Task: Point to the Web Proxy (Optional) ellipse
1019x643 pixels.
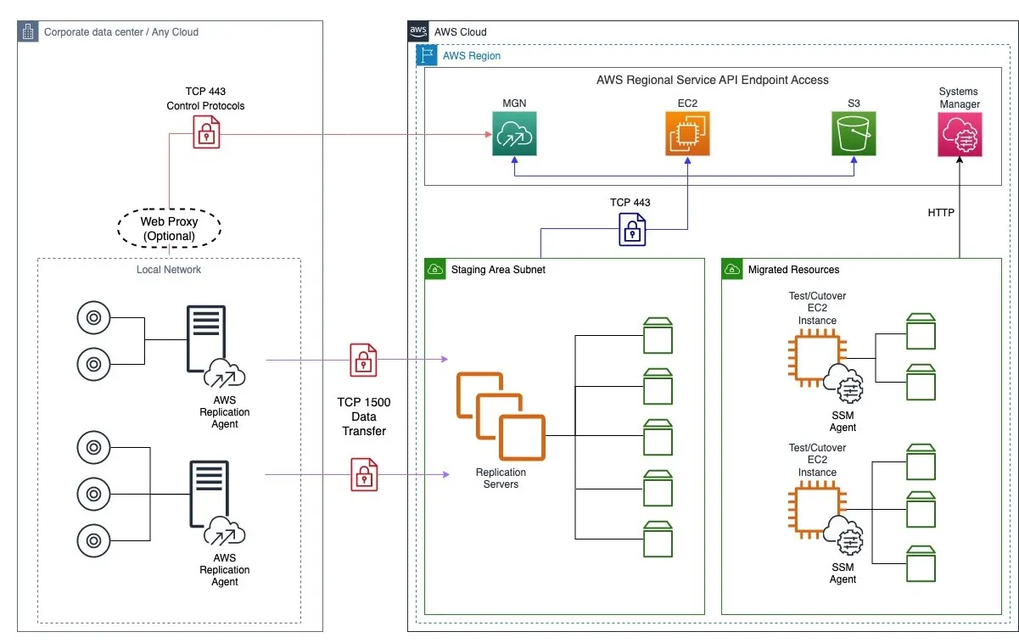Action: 169,228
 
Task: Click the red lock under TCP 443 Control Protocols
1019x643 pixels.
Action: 206,131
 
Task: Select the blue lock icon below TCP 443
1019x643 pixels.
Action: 631,227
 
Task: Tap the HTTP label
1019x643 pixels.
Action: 941,213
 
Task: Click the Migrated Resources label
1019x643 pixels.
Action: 793,270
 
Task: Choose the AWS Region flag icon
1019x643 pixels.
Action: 426,56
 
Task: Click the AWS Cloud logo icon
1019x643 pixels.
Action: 418,31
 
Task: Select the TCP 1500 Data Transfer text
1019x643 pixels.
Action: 364,417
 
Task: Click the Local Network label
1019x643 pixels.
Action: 169,270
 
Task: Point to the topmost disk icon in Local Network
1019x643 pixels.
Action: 92,319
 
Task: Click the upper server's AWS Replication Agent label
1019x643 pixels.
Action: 225,411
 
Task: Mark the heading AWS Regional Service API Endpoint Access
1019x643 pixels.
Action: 712,80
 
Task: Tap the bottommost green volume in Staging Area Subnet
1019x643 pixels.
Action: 658,539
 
